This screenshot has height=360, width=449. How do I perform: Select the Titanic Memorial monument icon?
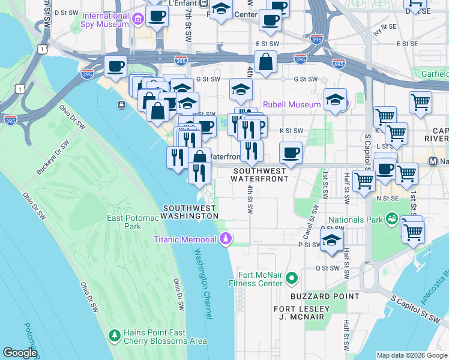[x=226, y=239]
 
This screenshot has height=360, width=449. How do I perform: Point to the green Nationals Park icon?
[x=391, y=218]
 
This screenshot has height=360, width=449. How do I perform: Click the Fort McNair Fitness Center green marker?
[x=292, y=278]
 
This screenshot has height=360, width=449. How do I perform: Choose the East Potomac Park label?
[x=124, y=222]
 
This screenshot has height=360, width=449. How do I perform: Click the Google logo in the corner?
[x=20, y=353]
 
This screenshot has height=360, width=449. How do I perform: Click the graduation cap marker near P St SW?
[x=331, y=241]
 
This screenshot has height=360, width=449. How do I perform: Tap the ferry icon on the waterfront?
[x=122, y=106]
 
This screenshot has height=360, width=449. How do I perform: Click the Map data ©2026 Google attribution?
[x=412, y=355]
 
